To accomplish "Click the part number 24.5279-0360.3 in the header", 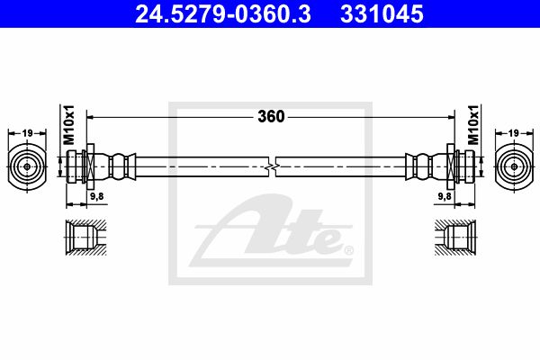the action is pos(223,14).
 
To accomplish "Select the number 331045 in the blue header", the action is pos(382,14).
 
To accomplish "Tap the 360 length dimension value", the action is pos(272,117).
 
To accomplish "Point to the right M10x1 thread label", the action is pos(473,125).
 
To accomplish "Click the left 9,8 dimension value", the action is pos(97,196).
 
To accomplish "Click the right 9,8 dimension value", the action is pos(445,196).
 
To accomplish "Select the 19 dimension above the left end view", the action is pos(27,132).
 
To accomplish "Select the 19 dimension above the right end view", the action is pos(513,132).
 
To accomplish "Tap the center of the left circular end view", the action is pos(27,166).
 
